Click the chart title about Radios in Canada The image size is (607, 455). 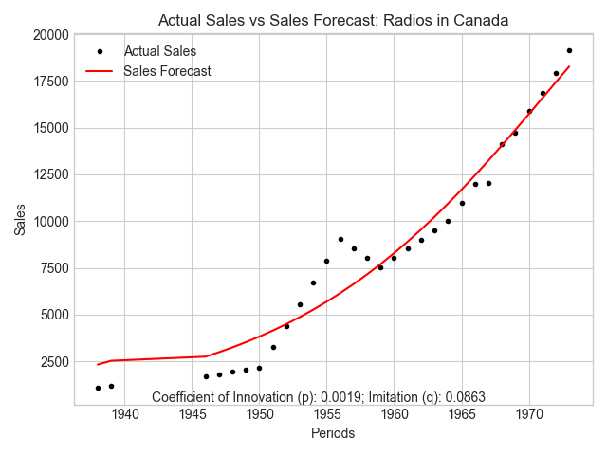[x=333, y=20]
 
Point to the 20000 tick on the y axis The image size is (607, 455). [x=50, y=35]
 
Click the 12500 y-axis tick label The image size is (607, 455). [x=50, y=174]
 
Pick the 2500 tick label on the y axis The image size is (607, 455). [x=55, y=362]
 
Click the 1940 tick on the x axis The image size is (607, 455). [x=125, y=414]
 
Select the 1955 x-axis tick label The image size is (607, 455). [x=327, y=414]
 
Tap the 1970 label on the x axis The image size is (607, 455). [x=529, y=414]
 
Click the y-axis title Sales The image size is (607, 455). [x=20, y=219]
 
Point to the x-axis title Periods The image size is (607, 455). [x=333, y=433]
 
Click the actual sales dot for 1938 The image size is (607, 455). [x=98, y=388]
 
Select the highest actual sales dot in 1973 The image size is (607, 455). [x=569, y=50]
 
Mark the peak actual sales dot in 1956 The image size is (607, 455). [x=340, y=240]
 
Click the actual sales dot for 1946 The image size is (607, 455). [x=206, y=377]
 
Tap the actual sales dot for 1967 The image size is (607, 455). [x=489, y=183]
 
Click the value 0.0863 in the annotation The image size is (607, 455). [x=465, y=397]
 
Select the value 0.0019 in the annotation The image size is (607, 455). [x=341, y=397]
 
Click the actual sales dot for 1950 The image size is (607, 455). [x=259, y=369]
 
